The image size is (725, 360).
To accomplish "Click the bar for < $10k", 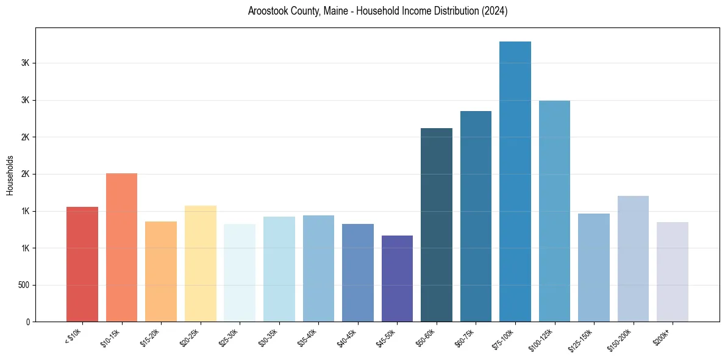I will point(82,264).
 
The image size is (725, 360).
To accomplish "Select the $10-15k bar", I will point(121,248).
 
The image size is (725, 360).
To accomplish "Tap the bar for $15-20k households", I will point(161,272).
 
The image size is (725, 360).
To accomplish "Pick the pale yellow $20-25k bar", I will point(201,264).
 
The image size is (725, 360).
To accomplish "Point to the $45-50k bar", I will point(397,279).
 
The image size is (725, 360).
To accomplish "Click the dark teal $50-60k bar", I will point(437,225).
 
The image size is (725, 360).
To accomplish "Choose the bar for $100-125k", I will point(554,211).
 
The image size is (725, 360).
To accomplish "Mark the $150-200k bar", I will point(633,259).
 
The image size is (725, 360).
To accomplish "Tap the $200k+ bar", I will point(673,272).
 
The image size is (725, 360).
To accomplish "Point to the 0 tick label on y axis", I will point(27,322).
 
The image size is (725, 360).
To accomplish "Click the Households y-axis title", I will point(10,175).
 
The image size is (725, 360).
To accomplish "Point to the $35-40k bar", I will point(318,268).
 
